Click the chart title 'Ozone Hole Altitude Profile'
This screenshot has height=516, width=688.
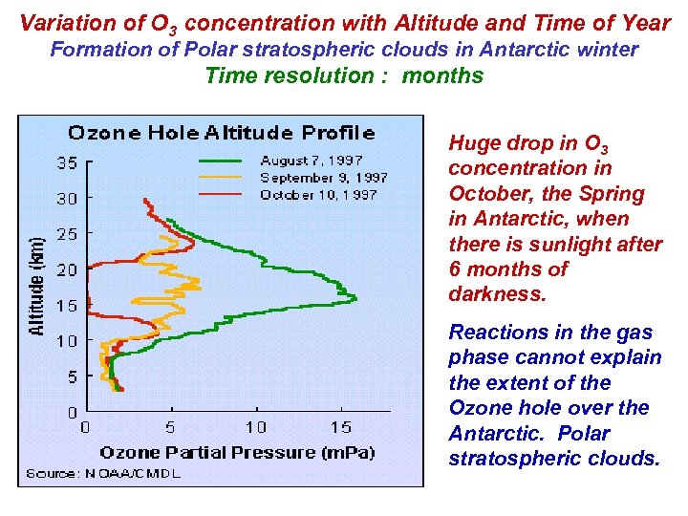click(x=220, y=132)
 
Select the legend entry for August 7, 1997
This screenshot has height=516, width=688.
click(x=311, y=160)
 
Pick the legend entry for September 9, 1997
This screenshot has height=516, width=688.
click(x=323, y=177)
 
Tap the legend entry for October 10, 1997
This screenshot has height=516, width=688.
click(x=318, y=194)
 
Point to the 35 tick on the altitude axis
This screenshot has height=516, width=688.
click(x=65, y=162)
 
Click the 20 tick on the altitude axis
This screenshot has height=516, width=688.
click(x=65, y=269)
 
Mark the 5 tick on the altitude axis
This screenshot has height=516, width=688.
click(x=71, y=376)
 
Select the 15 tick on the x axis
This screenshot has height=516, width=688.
click(x=340, y=427)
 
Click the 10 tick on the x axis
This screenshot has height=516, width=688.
click(x=255, y=427)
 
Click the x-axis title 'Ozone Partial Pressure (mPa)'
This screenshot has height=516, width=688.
click(x=237, y=451)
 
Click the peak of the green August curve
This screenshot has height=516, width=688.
click(x=355, y=299)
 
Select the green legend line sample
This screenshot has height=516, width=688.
click(x=223, y=160)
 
